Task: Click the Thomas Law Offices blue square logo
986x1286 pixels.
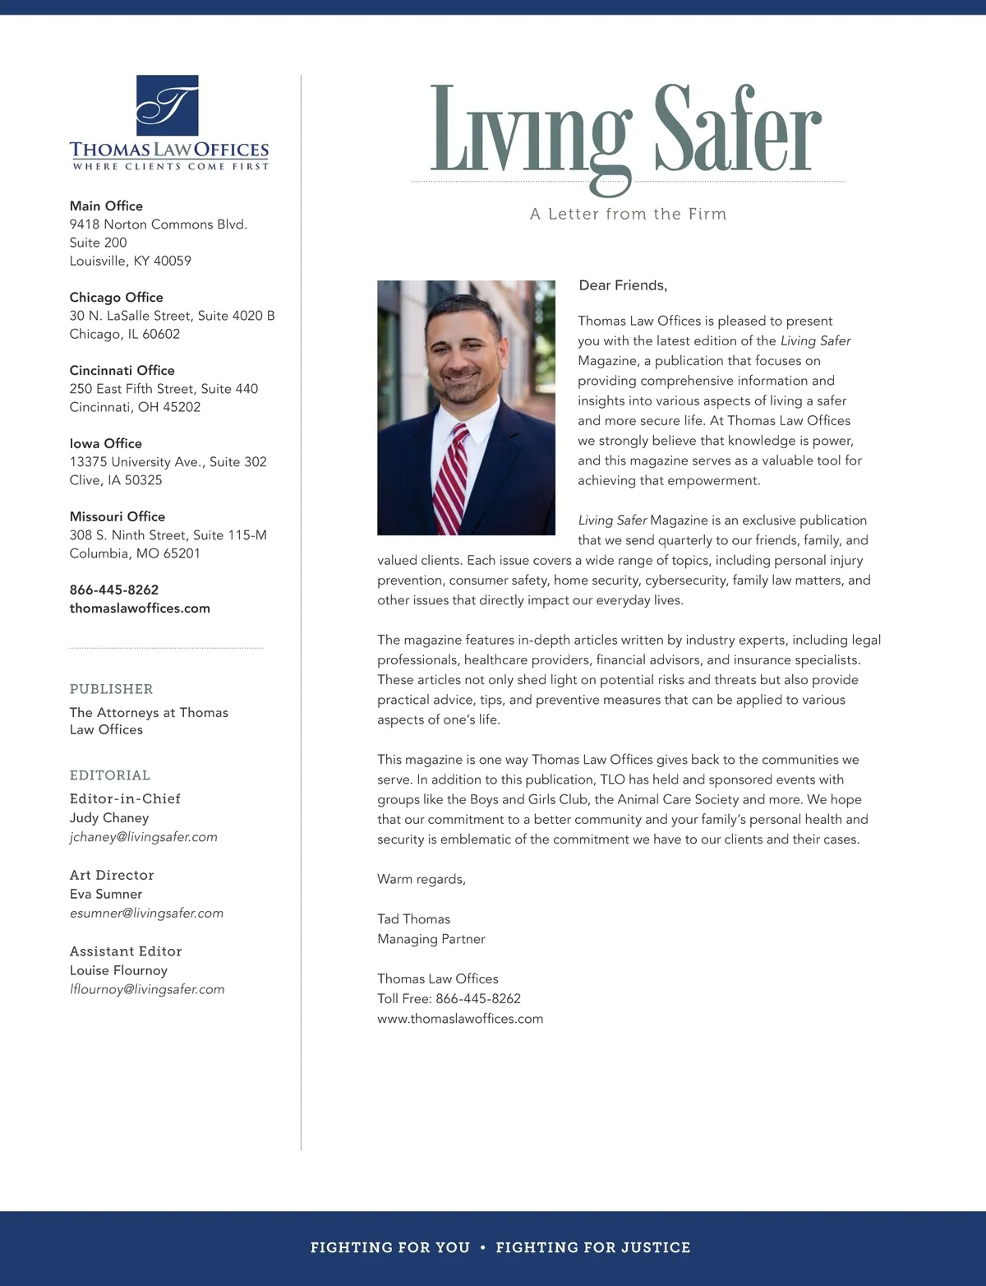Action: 167,105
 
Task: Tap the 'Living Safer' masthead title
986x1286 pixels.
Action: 626,132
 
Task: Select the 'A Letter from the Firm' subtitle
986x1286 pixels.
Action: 629,214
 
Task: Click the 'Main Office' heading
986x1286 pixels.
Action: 106,206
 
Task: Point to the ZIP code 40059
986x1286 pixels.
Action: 173,261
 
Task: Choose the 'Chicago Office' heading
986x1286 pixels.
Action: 116,297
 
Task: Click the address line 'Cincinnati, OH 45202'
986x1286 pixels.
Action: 135,407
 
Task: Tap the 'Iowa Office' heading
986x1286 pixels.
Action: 105,443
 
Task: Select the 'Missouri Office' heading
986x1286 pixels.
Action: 117,516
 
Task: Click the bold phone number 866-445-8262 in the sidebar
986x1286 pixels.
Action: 113,590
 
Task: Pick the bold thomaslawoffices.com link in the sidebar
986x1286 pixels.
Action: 140,608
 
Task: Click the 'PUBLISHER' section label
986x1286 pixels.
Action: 111,689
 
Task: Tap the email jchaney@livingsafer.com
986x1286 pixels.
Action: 143,837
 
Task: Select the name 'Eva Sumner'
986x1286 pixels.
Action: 105,894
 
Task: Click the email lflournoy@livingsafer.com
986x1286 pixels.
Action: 146,989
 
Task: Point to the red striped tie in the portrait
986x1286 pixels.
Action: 450,477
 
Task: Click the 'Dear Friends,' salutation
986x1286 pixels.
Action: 623,285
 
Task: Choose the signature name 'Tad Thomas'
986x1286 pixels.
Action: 413,918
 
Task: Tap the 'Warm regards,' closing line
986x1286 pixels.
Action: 421,879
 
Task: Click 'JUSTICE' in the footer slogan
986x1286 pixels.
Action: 656,1247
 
